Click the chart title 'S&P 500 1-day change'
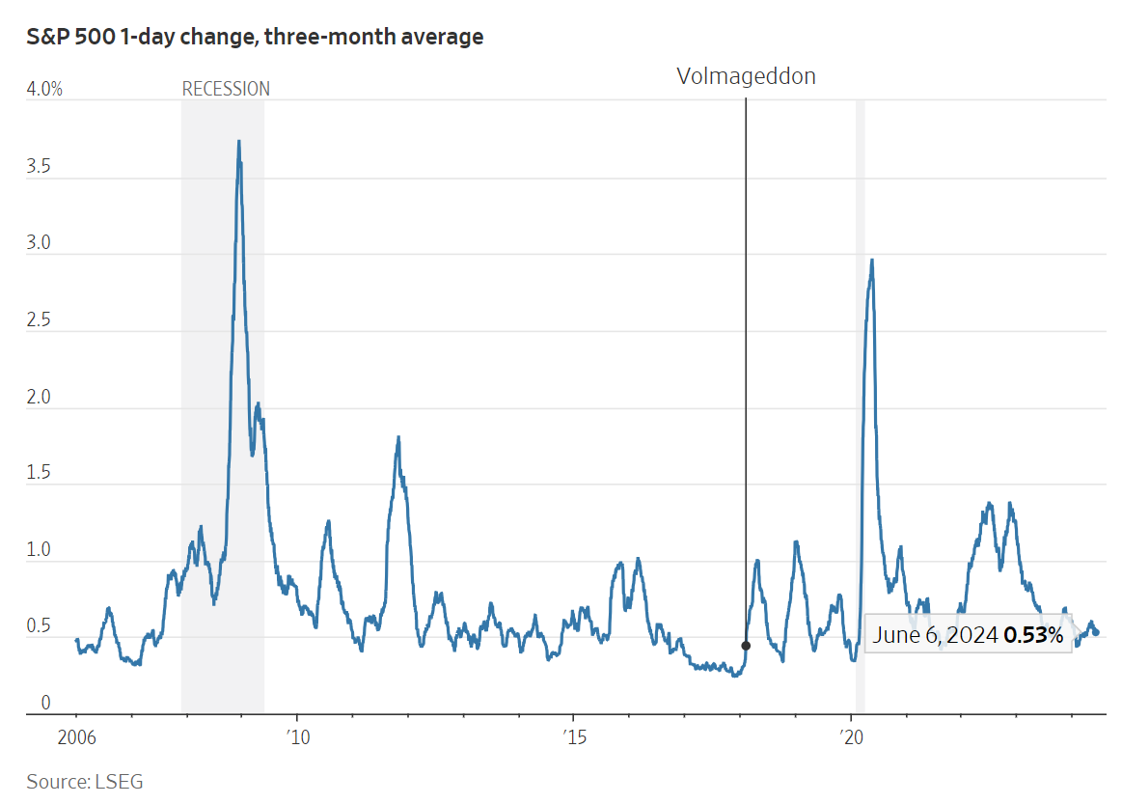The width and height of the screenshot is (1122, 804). click(255, 38)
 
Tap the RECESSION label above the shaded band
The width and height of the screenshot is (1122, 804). click(226, 89)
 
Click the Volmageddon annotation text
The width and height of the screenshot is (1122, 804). click(746, 76)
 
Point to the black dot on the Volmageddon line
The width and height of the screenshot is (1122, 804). click(746, 646)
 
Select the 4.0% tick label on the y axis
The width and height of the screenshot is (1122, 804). click(44, 89)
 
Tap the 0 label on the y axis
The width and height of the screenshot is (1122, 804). click(44, 703)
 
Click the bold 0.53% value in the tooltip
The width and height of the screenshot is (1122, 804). click(1033, 635)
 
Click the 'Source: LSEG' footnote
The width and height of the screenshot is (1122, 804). click(85, 782)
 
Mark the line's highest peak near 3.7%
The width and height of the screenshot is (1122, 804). click(238, 142)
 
